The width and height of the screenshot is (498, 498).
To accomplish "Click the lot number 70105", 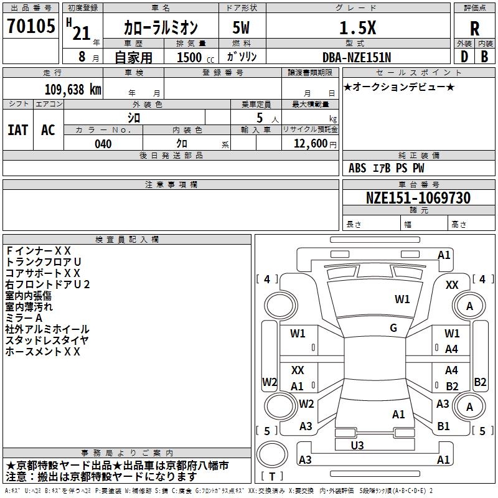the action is (x=31, y=26).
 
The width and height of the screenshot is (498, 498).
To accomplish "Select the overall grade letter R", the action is (x=474, y=29).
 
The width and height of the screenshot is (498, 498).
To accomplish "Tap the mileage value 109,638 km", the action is (x=73, y=90).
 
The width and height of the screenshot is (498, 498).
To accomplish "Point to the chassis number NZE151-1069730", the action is (x=418, y=197).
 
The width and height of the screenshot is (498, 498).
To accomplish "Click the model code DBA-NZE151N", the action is (x=357, y=57).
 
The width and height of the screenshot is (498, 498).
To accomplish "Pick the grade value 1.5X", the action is (x=357, y=28).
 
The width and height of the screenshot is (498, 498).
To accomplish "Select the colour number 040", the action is (x=103, y=144).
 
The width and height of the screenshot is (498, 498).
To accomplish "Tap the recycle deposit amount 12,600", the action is (x=310, y=144).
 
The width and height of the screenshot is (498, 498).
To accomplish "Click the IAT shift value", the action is (x=18, y=130).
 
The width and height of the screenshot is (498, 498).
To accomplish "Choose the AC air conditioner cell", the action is (x=48, y=130).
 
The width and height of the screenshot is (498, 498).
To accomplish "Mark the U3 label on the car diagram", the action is (x=357, y=446).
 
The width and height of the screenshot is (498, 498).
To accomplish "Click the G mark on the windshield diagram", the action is (x=393, y=328).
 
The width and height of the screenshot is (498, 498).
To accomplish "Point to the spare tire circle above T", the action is (x=272, y=454).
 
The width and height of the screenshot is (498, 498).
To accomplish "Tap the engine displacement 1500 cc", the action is (x=195, y=57).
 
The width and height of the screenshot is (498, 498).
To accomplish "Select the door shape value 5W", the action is (x=241, y=27).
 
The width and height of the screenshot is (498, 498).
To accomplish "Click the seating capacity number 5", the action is (x=260, y=118).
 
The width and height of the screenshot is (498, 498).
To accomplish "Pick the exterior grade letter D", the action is (x=464, y=57).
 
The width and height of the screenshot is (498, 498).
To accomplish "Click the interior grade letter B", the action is (x=485, y=57).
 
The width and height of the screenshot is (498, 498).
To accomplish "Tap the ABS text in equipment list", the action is (x=357, y=168).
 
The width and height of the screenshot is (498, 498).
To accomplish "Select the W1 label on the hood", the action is (x=402, y=299).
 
